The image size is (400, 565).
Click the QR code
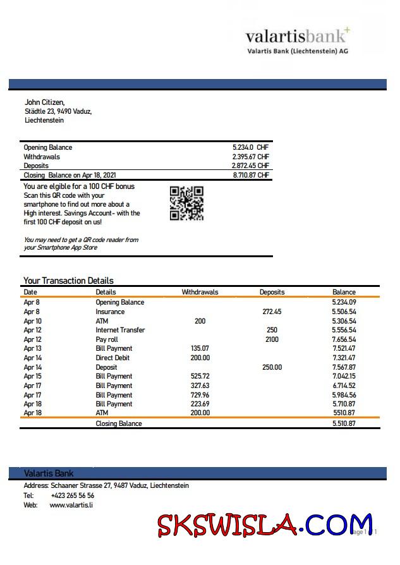click(186, 203)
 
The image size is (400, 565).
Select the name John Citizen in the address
click(44, 102)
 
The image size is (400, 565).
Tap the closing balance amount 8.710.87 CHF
click(250, 175)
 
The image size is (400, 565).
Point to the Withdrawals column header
click(200, 292)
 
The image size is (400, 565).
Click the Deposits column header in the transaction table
click(272, 292)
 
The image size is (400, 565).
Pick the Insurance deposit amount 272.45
click(272, 312)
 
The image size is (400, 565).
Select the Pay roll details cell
click(107, 339)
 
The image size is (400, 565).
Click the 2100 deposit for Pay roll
click(272, 339)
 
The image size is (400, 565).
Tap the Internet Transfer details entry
click(120, 330)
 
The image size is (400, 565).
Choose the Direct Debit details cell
click(112, 358)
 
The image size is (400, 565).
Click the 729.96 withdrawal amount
click(200, 395)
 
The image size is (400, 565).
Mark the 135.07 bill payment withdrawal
click(200, 348)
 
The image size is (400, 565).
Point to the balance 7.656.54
click(344, 339)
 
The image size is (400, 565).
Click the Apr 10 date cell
click(32, 321)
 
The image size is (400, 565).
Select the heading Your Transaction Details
click(68, 281)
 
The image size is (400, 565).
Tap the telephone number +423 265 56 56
click(72, 495)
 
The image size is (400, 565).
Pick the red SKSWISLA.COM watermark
click(265, 524)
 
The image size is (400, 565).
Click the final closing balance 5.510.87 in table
click(344, 423)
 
